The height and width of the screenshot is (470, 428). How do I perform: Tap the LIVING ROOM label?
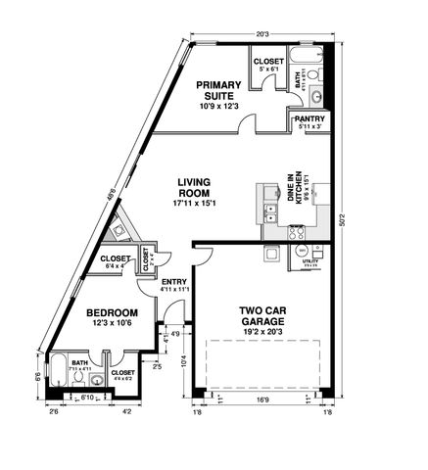pyautogui.click(x=196, y=188)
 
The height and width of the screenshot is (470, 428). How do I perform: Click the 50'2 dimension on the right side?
pyautogui.click(x=341, y=221)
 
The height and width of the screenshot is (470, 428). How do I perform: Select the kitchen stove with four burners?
pyautogui.click(x=298, y=233)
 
